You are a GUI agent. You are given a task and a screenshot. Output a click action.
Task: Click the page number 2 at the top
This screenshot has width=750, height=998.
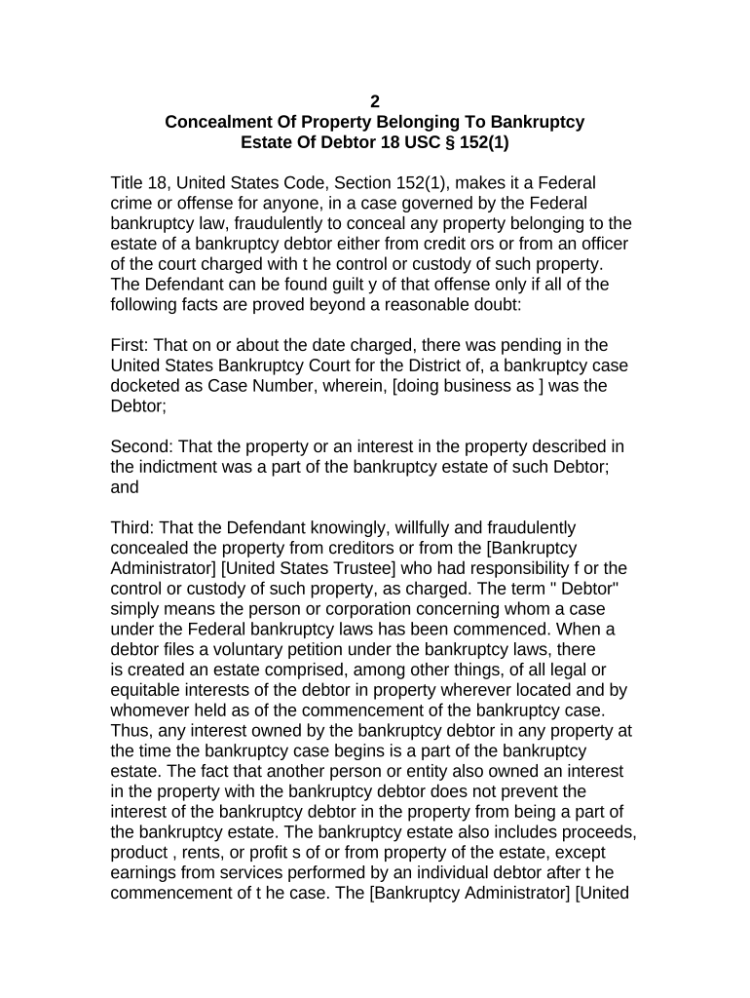click(x=375, y=102)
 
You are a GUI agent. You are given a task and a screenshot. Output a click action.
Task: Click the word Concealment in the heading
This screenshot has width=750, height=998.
click(x=214, y=123)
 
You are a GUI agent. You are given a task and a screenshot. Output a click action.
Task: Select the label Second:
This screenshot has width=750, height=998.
click(x=143, y=446)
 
